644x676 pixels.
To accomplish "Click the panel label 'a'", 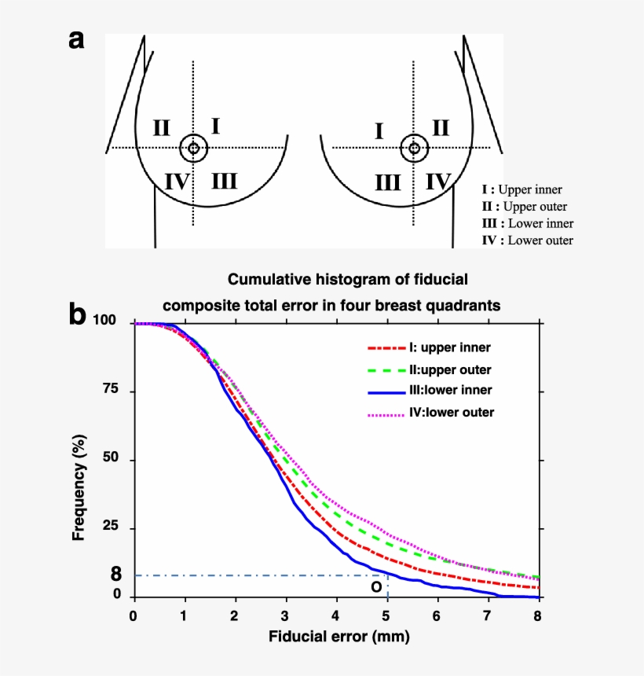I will coord(76,40).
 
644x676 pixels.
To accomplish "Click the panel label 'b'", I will coord(77,315).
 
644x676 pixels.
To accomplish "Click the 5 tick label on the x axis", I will coord(386,615).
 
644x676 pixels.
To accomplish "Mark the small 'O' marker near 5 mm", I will coord(376,586).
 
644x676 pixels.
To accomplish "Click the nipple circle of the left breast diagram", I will coord(193,148).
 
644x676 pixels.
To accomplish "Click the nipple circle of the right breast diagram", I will coord(414,148).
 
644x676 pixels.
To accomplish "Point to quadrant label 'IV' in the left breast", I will coord(177,182).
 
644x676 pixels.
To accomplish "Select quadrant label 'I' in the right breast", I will coord(379,130).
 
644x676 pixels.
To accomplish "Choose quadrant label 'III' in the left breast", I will coord(225,182).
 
